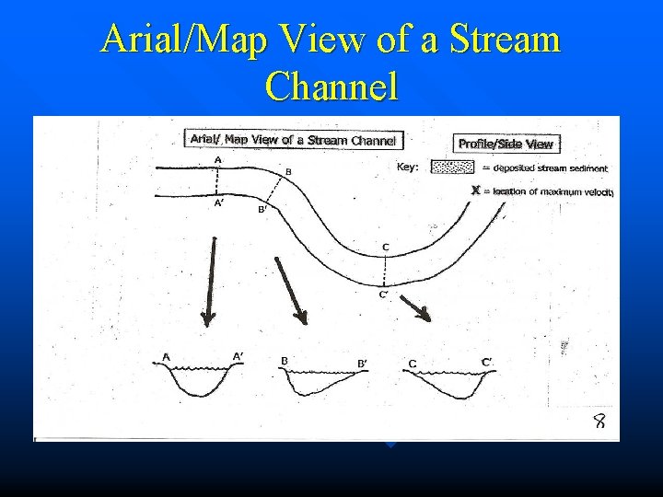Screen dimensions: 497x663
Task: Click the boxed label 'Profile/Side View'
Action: [506, 144]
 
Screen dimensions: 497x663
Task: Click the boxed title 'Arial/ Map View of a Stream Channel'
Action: [293, 140]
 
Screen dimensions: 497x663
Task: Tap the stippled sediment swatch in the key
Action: [454, 168]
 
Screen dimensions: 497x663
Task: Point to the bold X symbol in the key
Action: [475, 191]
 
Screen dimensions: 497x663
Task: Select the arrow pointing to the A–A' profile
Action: [211, 280]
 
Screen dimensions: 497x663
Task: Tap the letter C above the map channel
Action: [385, 247]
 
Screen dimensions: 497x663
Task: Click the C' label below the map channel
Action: [385, 295]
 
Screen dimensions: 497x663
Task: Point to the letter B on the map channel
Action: [288, 171]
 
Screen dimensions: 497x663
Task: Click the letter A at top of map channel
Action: [217, 159]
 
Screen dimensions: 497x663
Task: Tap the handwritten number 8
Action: [599, 422]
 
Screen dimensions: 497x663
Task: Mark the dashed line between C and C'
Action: [385, 271]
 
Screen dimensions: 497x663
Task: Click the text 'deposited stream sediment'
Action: [551, 168]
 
